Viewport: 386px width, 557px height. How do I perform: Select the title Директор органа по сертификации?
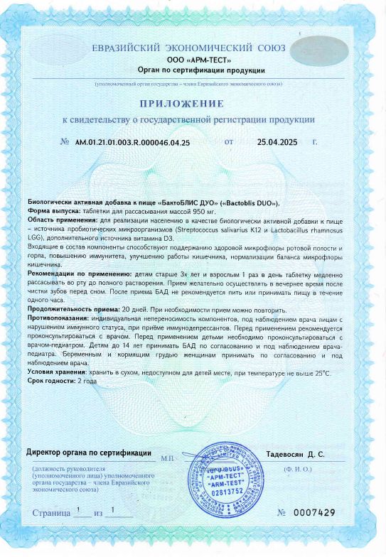(x=89, y=453)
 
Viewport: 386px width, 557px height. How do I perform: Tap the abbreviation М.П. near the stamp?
(x=168, y=458)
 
